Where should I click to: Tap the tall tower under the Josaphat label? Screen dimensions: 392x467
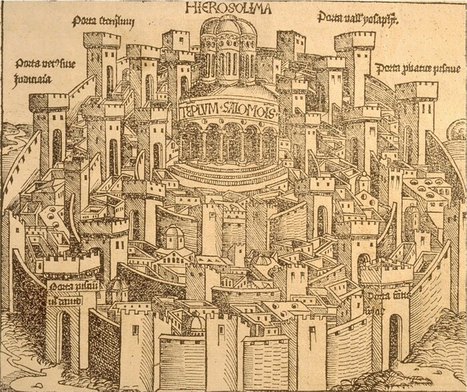coord(354,63)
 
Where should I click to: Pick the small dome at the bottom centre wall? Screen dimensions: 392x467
coord(196,325)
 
